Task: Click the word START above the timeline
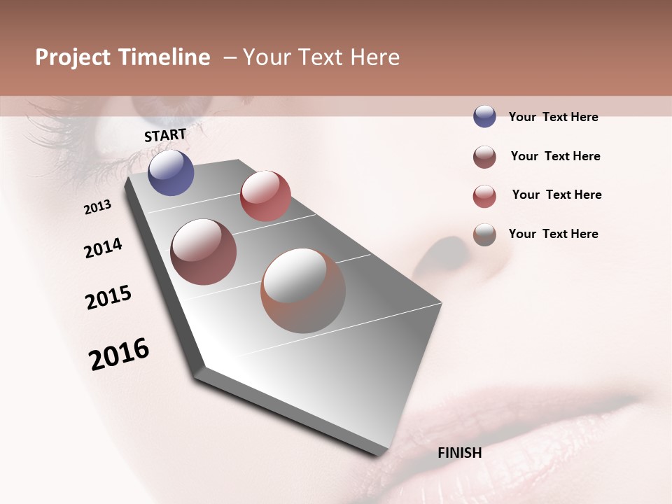click(x=165, y=135)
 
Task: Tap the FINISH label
click(x=459, y=453)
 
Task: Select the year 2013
click(x=98, y=207)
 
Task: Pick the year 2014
click(x=103, y=248)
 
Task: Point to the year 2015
click(x=108, y=297)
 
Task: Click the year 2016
click(x=119, y=354)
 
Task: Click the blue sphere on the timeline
click(x=171, y=172)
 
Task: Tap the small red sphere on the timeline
click(x=265, y=196)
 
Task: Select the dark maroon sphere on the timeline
click(x=203, y=252)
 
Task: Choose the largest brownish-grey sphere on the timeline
click(x=303, y=290)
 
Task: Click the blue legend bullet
click(x=484, y=116)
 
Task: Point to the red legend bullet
click(x=484, y=196)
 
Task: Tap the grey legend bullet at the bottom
click(x=484, y=234)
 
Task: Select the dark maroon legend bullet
click(x=484, y=157)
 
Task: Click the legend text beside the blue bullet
click(x=553, y=117)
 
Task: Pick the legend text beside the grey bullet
click(x=553, y=234)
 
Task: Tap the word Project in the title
click(x=72, y=57)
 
